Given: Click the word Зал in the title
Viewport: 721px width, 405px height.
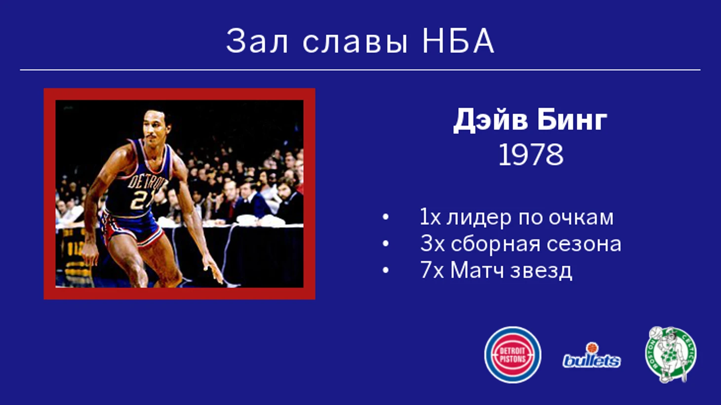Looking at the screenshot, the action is tap(256, 41).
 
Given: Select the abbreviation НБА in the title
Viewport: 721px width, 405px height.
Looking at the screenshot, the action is tap(458, 41).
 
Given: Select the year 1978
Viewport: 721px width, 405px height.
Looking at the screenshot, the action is tap(531, 155).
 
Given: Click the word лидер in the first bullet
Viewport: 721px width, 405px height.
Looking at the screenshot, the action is tap(479, 218).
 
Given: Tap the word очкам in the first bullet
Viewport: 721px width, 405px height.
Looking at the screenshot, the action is tap(581, 218).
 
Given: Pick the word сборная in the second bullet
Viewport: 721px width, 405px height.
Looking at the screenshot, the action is tap(495, 244).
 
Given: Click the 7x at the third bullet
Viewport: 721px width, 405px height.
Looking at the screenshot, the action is tap(432, 270).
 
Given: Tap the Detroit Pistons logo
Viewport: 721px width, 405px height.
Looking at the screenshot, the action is tap(513, 355).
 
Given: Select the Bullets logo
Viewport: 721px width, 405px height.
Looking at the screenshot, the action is tap(592, 356).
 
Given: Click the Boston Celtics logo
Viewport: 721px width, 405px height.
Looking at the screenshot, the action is tap(671, 355).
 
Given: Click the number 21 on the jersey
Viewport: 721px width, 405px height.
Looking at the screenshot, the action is tap(140, 201).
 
